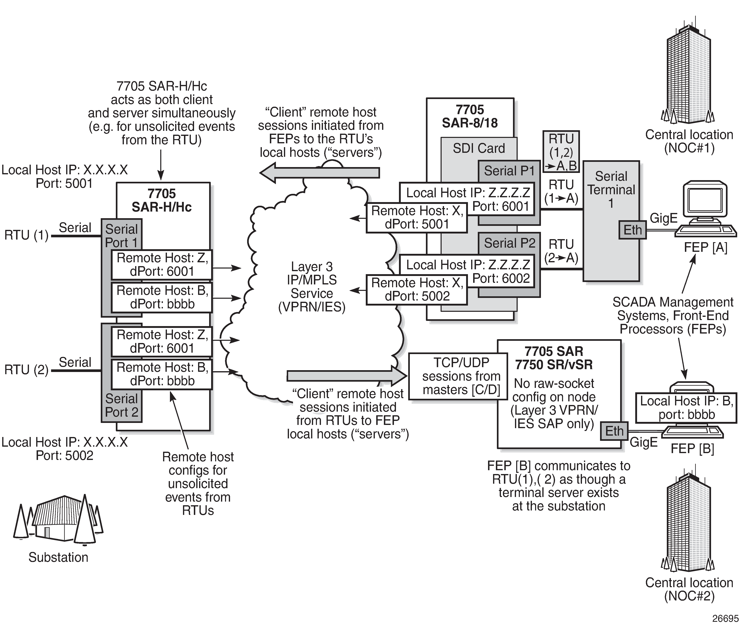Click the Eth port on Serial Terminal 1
632,230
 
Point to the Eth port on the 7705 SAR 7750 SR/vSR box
614,431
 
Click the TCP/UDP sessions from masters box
458,376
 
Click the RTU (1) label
26,235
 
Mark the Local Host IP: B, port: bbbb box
686,407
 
